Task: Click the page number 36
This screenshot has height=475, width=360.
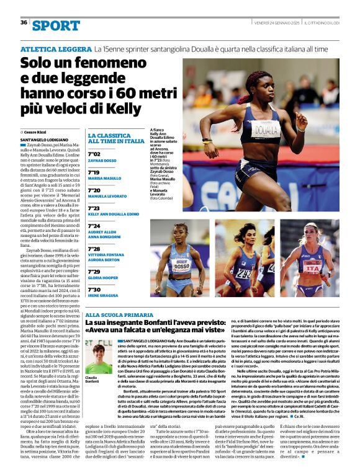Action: [24, 22]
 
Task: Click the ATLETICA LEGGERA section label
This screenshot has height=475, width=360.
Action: [55, 48]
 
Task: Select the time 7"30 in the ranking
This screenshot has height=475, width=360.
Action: [94, 289]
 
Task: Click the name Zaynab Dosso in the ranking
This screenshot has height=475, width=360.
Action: [102, 160]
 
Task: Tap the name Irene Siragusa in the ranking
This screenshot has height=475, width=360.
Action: [103, 296]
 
